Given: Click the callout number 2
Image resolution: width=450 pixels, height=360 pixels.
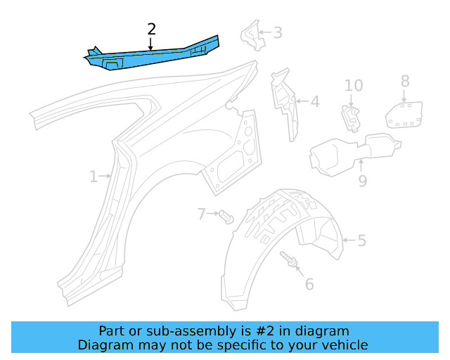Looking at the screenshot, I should [x=151, y=29].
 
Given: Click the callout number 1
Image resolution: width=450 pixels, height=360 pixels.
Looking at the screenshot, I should [x=93, y=176].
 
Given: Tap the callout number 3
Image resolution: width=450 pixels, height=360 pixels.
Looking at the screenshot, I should [x=278, y=32].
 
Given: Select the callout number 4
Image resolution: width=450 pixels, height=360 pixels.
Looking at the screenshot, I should [x=314, y=102].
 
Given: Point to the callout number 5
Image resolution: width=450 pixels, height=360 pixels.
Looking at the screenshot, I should [x=361, y=241].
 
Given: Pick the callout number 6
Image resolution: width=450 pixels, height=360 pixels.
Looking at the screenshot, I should [x=309, y=284].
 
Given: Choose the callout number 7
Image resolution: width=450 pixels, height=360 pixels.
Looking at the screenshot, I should [x=201, y=213].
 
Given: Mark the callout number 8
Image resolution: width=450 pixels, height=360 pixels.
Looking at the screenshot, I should [x=404, y=81].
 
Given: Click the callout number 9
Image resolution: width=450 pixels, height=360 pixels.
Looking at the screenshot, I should [x=362, y=181].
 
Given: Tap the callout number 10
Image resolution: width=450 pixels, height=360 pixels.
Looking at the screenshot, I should [x=354, y=86].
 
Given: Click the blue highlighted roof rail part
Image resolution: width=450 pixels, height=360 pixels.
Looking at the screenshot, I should [x=151, y=56].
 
